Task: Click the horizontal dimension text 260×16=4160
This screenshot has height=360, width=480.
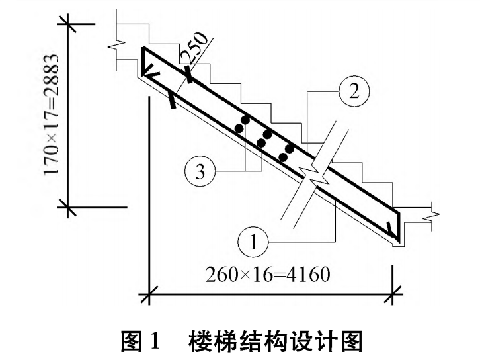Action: (x=268, y=273)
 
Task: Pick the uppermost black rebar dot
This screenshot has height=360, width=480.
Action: (x=245, y=121)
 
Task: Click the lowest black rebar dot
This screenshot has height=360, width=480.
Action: (x=283, y=157)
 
